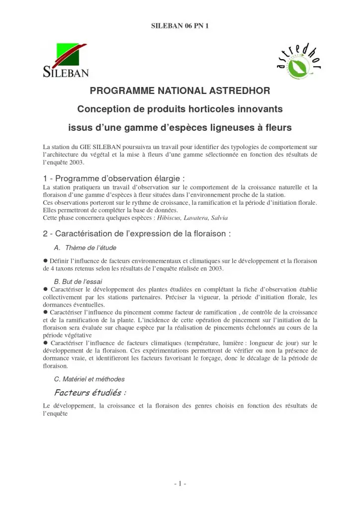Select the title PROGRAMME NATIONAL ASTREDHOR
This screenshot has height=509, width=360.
(180, 91)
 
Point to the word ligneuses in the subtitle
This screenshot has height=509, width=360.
(218, 128)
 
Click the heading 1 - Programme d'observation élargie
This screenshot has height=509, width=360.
(114, 178)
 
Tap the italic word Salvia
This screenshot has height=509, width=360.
(219, 218)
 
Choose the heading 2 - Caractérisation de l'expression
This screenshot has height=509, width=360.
(137, 233)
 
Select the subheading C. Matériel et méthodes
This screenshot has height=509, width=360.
(89, 379)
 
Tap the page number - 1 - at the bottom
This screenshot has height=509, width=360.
(180, 483)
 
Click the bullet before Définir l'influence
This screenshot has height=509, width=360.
(45, 260)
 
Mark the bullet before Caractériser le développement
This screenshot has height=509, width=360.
(45, 289)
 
